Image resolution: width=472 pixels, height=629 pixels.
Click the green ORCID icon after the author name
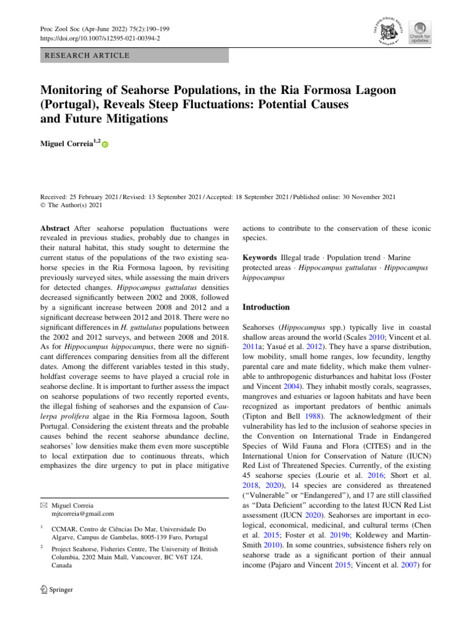[x=104, y=145]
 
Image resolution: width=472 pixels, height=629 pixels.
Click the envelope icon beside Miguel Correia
[x=44, y=504]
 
